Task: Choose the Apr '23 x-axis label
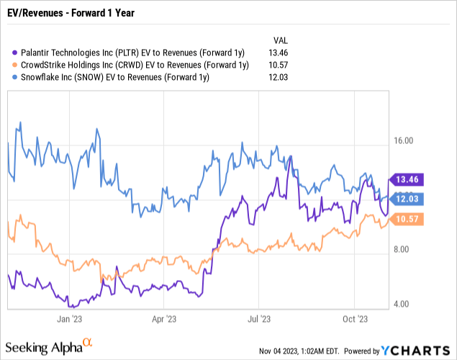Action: pyautogui.click(x=164, y=318)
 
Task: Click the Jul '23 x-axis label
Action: pyautogui.click(x=259, y=318)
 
